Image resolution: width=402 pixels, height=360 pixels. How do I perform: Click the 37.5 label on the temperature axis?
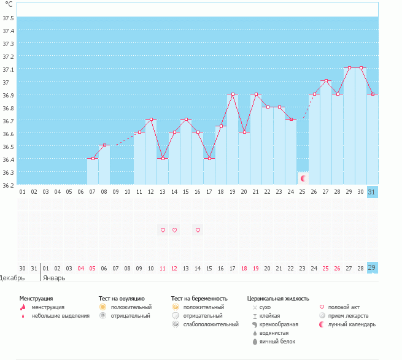[7, 18]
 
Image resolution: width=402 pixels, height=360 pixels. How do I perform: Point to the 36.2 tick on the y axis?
[7, 185]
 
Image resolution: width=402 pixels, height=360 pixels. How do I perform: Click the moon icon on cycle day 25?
[303, 178]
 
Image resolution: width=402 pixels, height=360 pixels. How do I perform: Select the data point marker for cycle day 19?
[233, 94]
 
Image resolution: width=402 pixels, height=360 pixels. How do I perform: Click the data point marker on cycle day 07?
[93, 159]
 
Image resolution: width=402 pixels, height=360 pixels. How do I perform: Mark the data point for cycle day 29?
[349, 68]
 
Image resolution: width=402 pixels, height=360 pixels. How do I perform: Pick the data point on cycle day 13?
[163, 159]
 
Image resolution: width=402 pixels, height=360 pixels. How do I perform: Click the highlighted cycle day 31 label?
[372, 192]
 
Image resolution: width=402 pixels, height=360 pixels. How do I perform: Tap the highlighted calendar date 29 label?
[372, 268]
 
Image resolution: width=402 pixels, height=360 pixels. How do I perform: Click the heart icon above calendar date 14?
[198, 231]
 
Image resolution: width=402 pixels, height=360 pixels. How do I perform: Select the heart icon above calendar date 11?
[163, 231]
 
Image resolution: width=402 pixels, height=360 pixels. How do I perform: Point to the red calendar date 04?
[81, 268]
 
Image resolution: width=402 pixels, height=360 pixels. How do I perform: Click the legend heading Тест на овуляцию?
[122, 298]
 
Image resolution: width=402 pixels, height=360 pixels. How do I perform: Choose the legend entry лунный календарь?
[351, 324]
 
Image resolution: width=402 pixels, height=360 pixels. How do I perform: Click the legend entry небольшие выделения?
[60, 316]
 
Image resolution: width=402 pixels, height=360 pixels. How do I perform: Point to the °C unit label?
[9, 5]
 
